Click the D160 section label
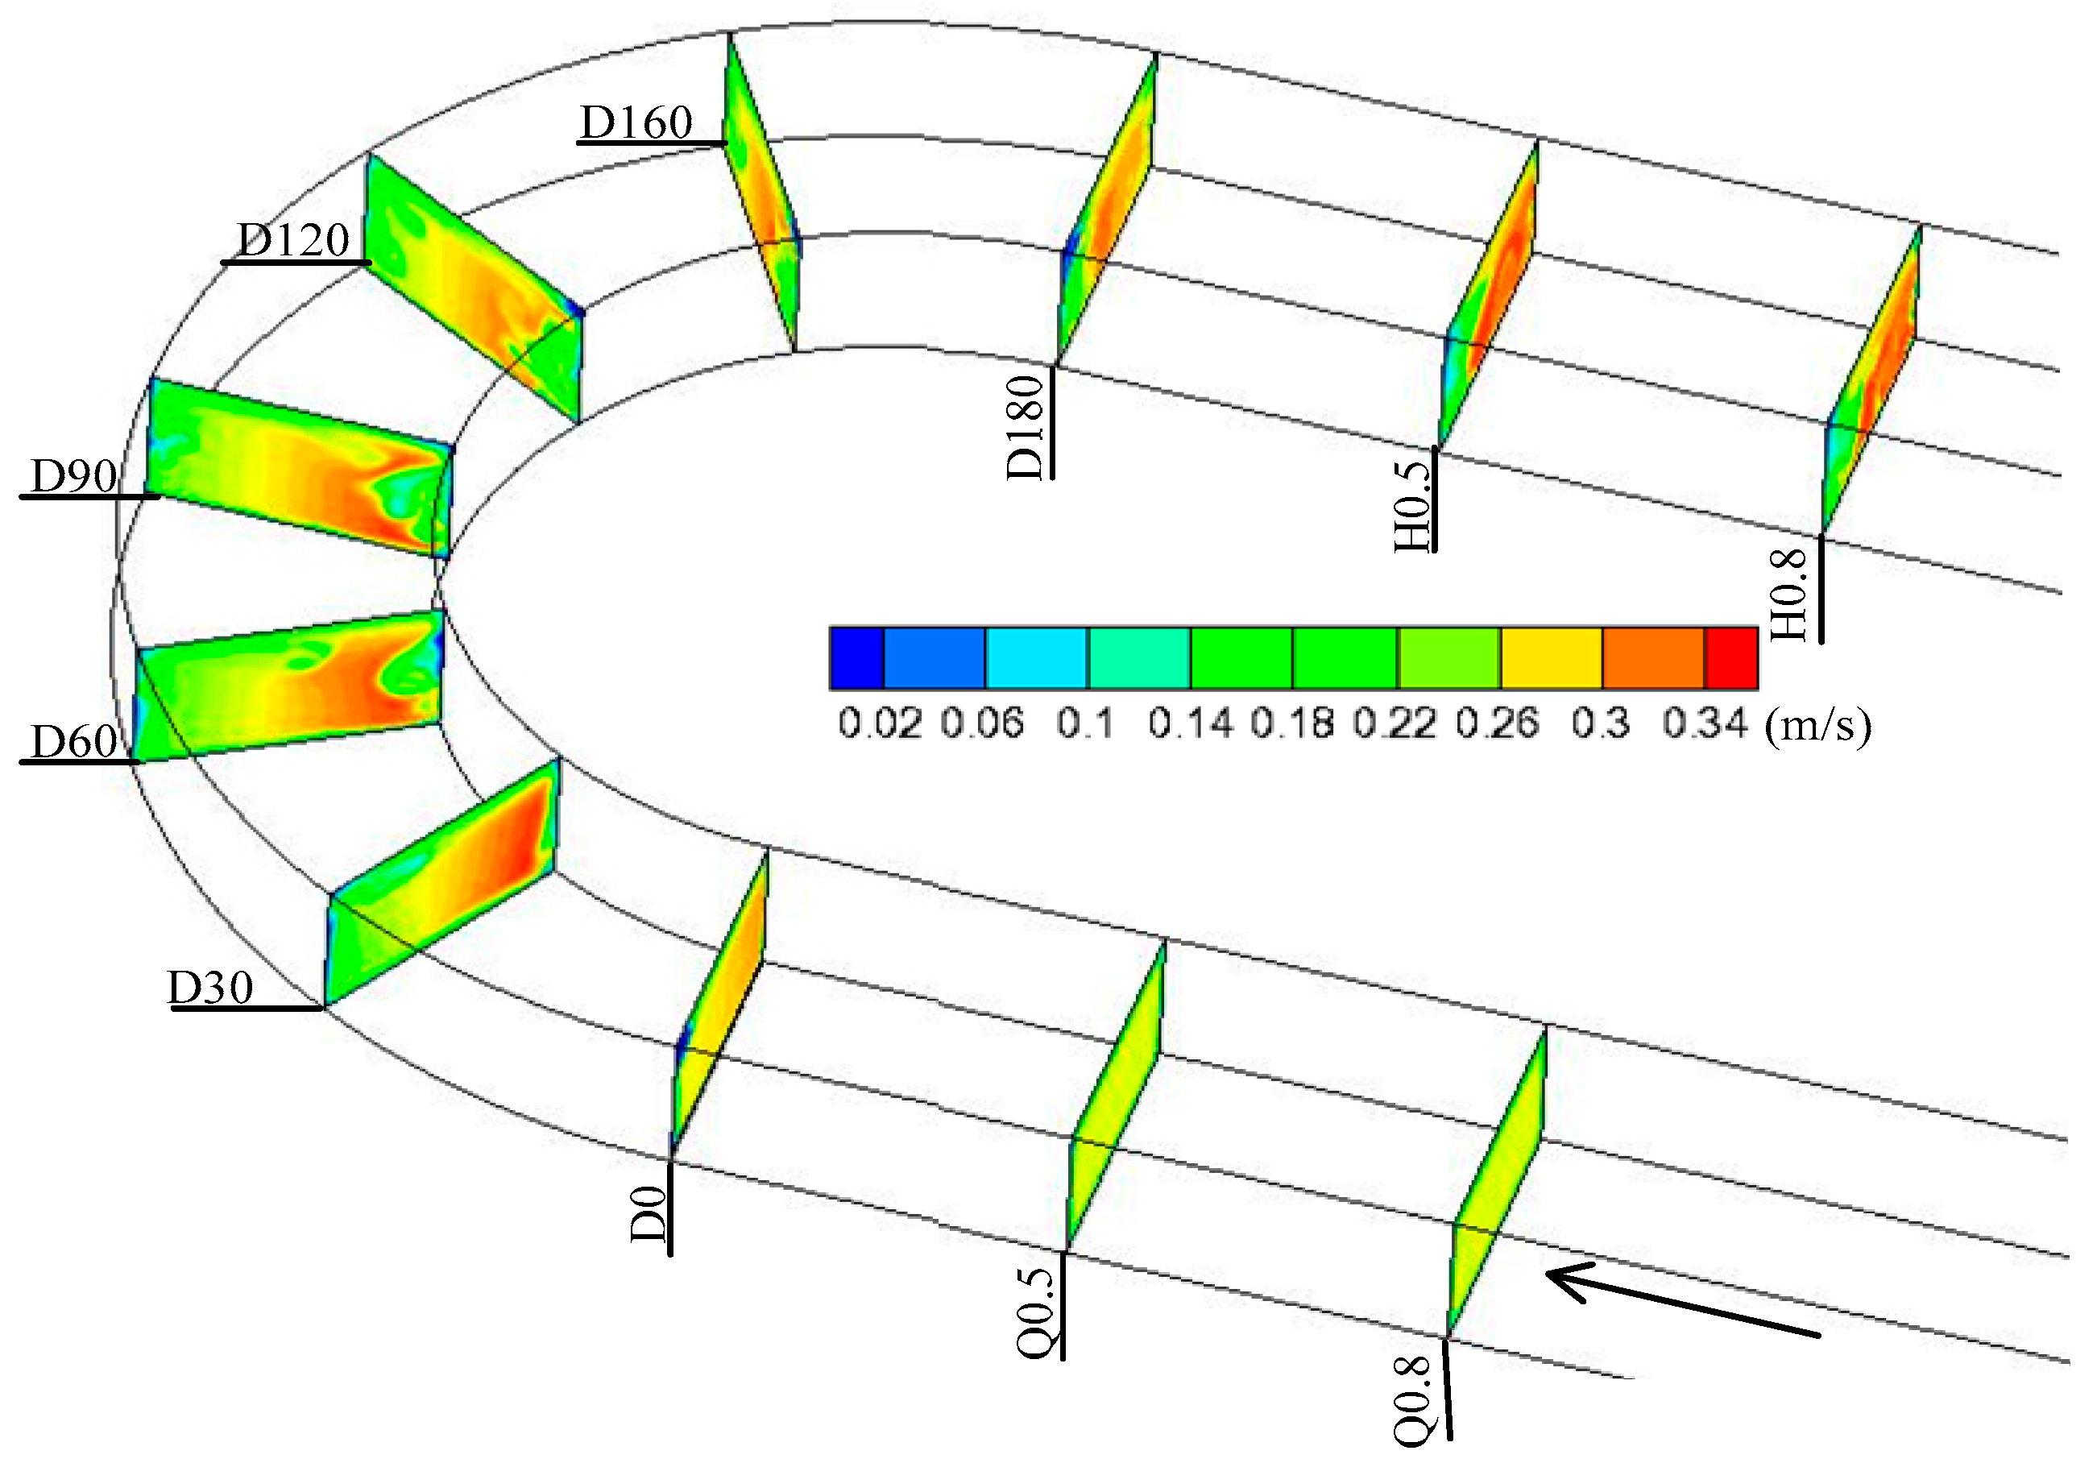pyautogui.click(x=636, y=122)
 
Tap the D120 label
pyautogui.click(x=293, y=240)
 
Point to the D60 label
pyautogui.click(x=74, y=740)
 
